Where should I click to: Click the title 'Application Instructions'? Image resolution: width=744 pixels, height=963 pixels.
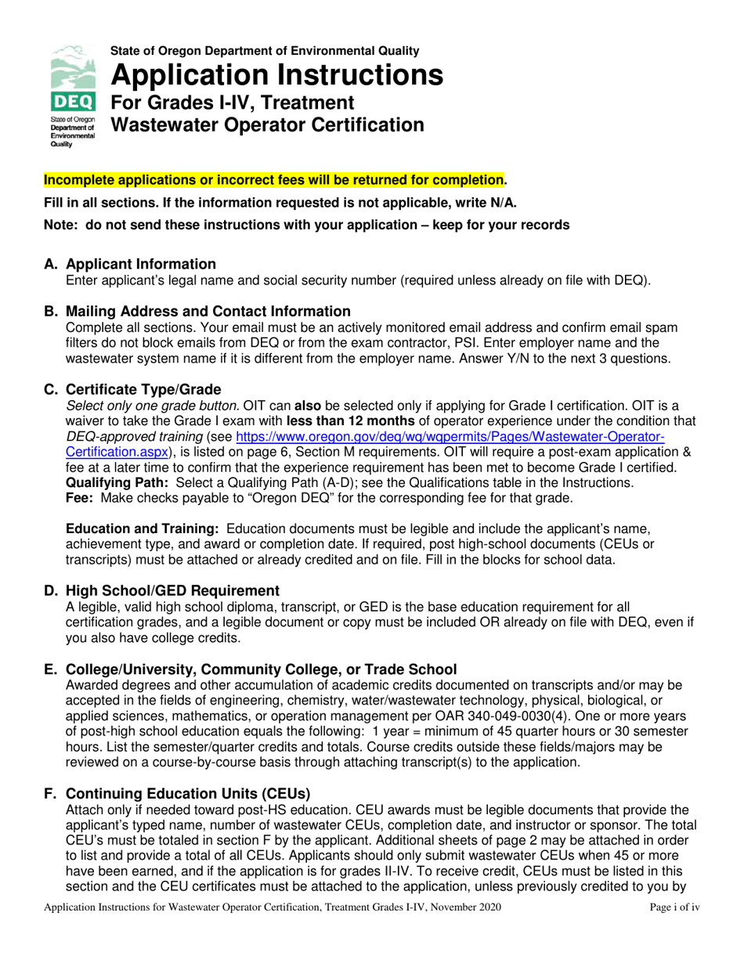(x=277, y=75)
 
